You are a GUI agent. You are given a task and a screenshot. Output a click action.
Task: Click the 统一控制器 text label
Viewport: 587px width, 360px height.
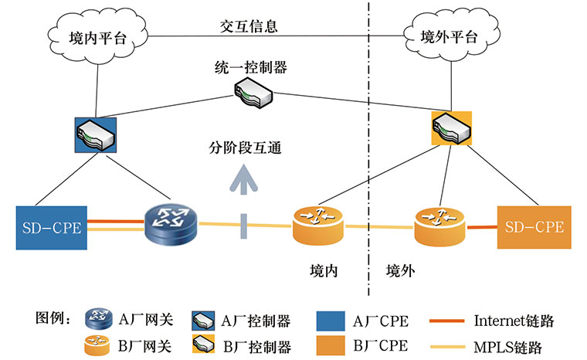(x=249, y=68)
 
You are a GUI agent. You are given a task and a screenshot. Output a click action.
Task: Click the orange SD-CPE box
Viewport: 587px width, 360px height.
(x=534, y=227)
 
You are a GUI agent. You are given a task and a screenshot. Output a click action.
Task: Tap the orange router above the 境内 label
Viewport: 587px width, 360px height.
(x=318, y=225)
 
